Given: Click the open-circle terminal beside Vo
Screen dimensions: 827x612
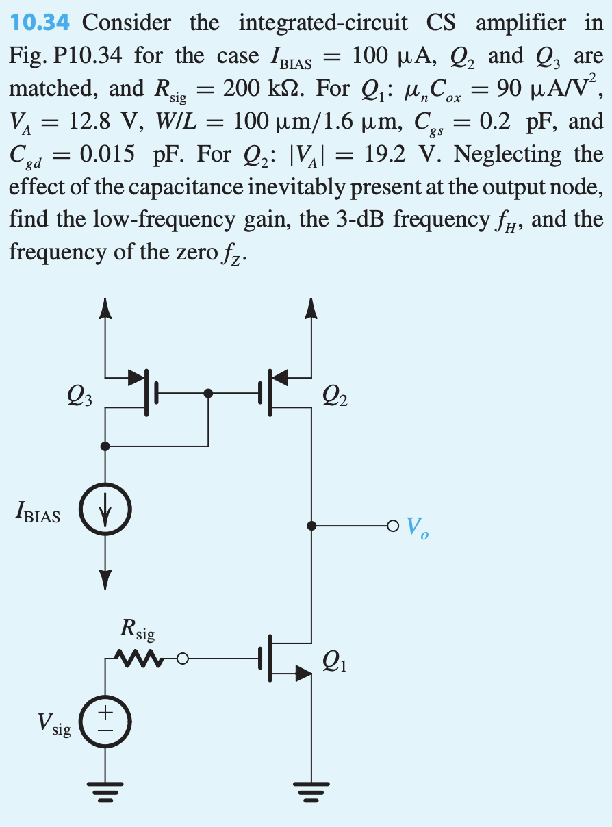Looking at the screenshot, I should pos(392,526).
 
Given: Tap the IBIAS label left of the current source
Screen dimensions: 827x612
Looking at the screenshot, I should pos(37,514).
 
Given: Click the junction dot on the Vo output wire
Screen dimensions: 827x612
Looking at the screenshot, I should pos(312,526).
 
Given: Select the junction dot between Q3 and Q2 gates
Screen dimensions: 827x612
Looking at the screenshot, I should pos(209,393).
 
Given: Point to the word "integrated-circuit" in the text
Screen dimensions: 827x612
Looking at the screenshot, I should pos(323,23).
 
